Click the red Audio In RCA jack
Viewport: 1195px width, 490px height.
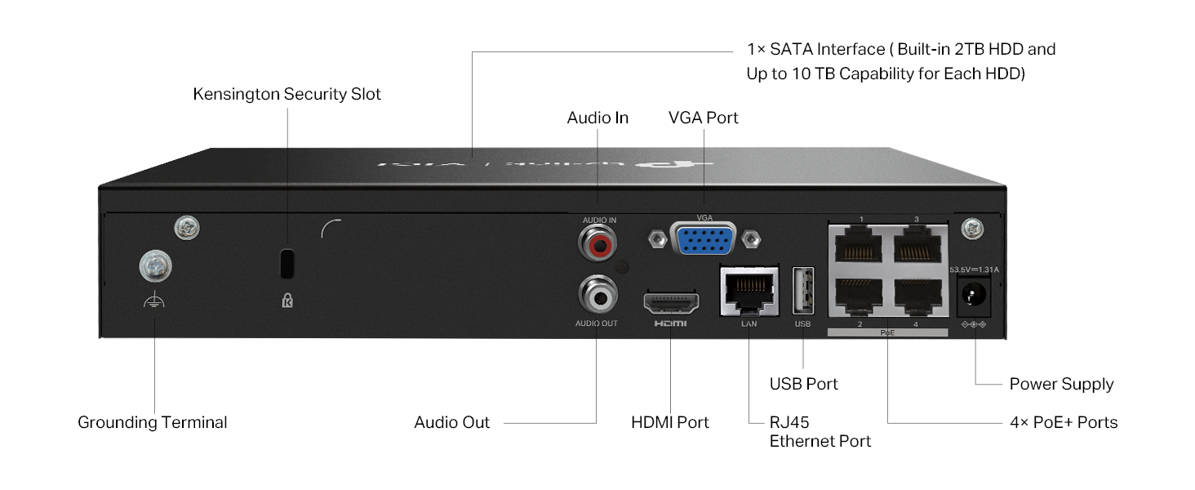point(597,243)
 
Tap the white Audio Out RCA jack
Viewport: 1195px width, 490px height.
point(597,295)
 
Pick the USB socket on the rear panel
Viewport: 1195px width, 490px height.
point(803,291)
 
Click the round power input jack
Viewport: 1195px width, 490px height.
point(975,294)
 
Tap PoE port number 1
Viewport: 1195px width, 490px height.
point(859,243)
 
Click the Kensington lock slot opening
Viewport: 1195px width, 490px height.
point(287,263)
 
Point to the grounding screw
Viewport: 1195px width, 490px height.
point(155,265)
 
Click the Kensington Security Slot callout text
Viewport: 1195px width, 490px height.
point(287,94)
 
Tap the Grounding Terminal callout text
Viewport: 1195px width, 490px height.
point(153,422)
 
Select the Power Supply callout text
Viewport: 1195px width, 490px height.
point(1061,384)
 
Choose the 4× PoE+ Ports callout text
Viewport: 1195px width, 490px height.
point(1064,422)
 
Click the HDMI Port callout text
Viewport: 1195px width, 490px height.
point(670,422)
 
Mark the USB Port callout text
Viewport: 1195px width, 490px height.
point(804,384)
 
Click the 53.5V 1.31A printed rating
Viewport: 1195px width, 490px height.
point(975,269)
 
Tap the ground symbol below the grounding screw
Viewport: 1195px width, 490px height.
point(154,303)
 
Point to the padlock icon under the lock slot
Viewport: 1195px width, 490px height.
point(287,301)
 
